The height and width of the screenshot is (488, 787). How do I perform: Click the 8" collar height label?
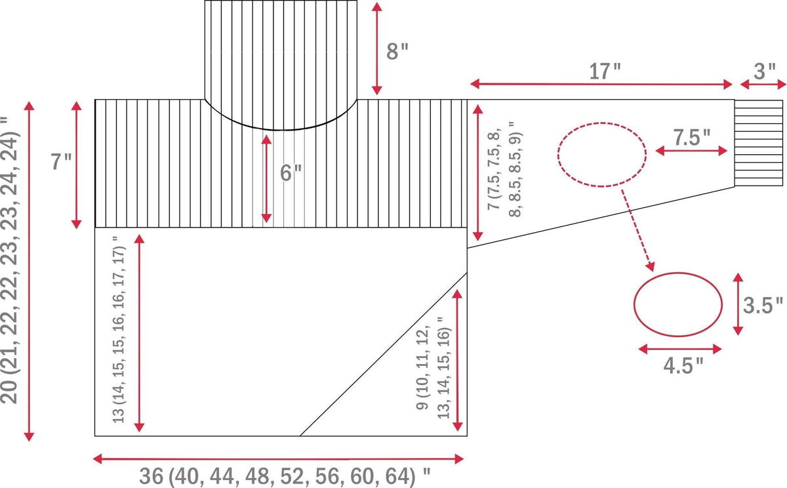[397, 51]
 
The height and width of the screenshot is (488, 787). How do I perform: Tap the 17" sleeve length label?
[605, 71]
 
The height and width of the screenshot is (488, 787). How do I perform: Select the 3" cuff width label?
[765, 71]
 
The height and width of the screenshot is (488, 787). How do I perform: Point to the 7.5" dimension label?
[692, 137]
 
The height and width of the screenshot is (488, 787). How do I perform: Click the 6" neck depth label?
[291, 173]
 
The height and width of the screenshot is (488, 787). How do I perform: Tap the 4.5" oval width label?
[683, 365]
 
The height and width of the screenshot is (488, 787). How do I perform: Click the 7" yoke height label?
[62, 161]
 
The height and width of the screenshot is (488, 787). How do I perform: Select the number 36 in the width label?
[151, 476]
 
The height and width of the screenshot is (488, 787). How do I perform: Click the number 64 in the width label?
[397, 476]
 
